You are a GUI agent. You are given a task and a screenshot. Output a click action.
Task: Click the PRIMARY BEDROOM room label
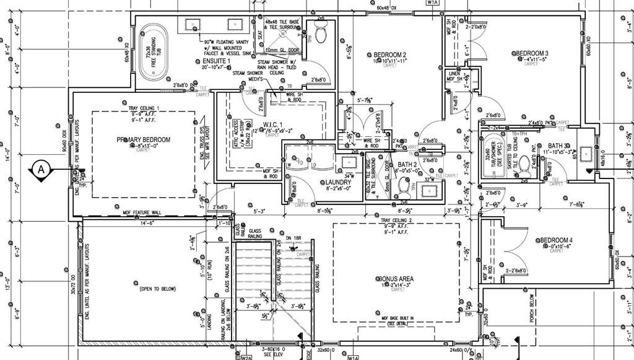(x=143, y=139)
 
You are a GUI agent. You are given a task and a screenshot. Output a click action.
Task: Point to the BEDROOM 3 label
(x=532, y=53)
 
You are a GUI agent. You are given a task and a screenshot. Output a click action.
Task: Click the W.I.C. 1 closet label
(x=272, y=125)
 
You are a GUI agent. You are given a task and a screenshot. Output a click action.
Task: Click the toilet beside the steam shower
(x=321, y=35)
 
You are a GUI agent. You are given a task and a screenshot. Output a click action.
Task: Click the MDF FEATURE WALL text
(x=142, y=213)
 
